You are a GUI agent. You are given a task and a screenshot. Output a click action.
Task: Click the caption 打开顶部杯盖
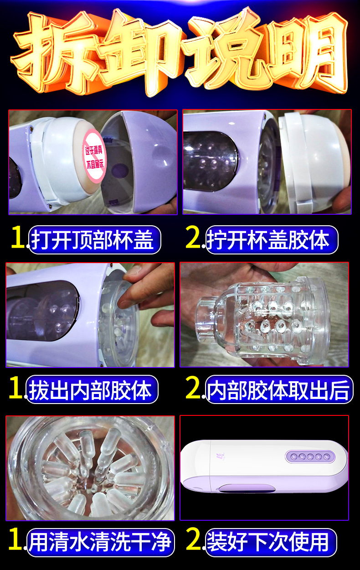click(93, 240)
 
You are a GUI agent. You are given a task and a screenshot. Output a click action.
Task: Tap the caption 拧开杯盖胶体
click(268, 240)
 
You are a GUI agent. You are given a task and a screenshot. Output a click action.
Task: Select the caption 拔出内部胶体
click(90, 389)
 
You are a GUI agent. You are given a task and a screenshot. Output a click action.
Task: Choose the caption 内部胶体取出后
click(278, 389)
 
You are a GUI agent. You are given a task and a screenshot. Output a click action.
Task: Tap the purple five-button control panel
click(310, 456)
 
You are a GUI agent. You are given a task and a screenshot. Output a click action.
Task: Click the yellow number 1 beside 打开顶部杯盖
click(18, 237)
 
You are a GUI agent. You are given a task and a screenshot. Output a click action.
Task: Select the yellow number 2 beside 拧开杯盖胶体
click(193, 237)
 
